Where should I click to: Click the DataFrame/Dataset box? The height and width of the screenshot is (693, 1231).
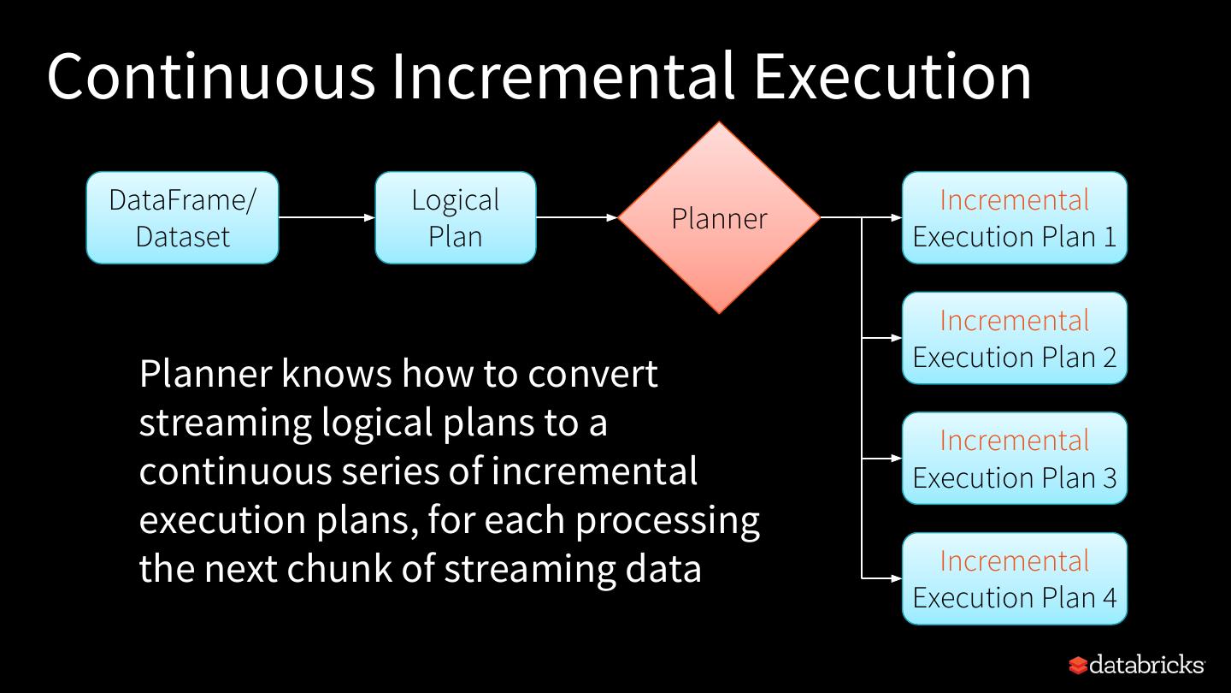[x=182, y=217]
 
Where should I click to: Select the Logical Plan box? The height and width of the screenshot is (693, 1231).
[x=455, y=217]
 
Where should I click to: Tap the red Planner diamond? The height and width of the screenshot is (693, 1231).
[x=719, y=217]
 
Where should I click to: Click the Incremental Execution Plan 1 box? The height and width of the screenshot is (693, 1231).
[x=1015, y=217]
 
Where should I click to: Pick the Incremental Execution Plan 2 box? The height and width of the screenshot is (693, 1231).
[x=1015, y=338]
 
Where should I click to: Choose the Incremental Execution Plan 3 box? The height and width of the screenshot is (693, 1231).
[x=1015, y=459]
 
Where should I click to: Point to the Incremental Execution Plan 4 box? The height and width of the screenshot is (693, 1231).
[x=1015, y=579]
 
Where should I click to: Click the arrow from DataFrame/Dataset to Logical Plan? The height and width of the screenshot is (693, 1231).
[x=327, y=217]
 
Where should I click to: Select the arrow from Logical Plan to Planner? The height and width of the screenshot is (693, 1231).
[x=577, y=217]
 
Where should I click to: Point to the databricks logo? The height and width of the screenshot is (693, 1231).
[x=1136, y=665]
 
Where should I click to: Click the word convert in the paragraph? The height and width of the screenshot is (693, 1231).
[x=593, y=374]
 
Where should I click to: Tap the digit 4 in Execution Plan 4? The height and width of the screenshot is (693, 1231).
[x=1108, y=597]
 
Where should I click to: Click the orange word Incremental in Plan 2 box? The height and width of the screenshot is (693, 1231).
[x=1015, y=320]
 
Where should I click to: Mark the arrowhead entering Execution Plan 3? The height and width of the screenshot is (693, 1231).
[x=897, y=459]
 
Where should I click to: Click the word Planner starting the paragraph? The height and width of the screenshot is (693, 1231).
[x=205, y=374]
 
